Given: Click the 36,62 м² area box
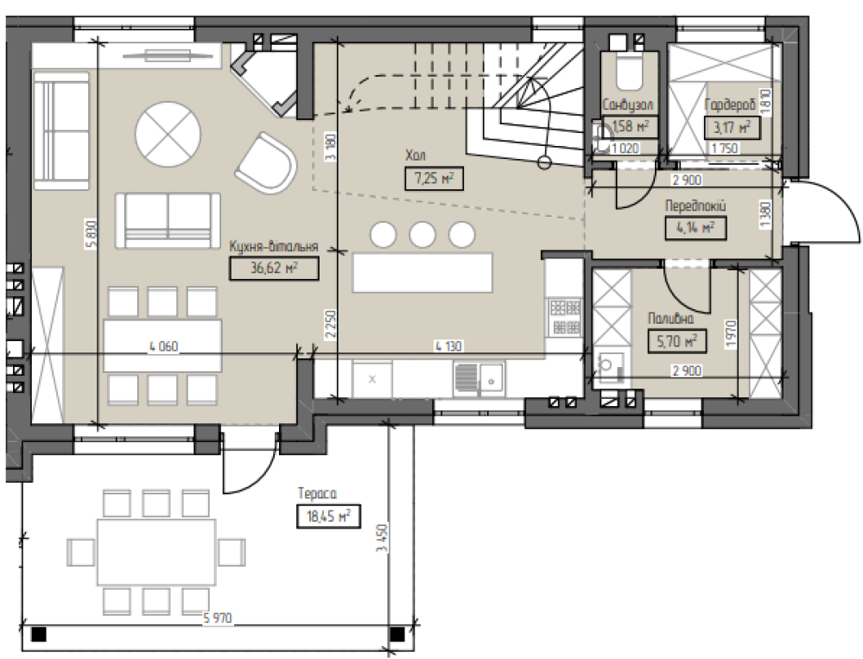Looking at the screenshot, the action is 274,269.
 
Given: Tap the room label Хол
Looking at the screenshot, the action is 415,155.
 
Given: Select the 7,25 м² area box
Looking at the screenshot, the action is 434,179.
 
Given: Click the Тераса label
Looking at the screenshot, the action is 316,493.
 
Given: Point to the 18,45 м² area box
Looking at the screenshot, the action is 328,516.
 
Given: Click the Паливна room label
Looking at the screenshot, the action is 670,319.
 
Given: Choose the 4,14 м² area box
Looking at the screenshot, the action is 695,228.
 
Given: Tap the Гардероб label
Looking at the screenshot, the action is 730,105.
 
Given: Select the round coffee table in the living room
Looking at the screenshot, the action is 168,134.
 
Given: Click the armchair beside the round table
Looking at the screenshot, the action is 266,163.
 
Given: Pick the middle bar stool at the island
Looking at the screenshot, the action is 422,234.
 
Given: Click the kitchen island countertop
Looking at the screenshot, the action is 422,272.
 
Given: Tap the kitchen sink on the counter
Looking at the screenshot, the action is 479,379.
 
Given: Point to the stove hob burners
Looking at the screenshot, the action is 565,317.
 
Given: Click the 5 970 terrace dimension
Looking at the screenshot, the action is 218,618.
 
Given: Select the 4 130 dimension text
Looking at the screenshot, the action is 448,346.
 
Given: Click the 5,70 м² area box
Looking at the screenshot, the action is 676,342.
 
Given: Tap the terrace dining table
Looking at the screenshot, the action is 155,552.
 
